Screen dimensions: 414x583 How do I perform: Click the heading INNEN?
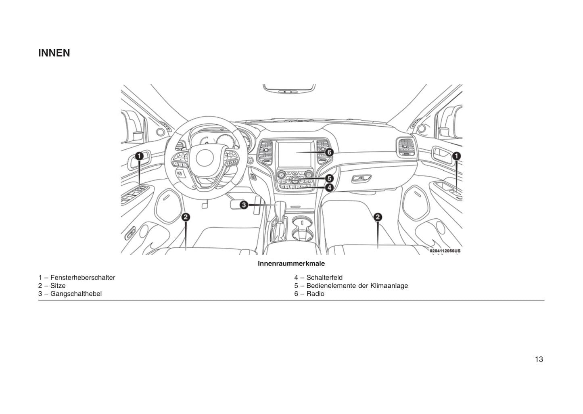pos(54,53)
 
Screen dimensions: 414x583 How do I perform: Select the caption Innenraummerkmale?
pos(291,263)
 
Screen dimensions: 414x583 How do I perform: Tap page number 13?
pos(539,359)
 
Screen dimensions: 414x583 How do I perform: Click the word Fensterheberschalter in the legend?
pos(83,278)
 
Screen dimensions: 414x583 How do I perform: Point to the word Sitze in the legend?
pos(58,286)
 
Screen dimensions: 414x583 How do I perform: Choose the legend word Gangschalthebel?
pos(76,294)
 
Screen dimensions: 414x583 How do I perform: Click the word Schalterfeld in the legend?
pos(324,278)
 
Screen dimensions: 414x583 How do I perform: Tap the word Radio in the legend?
pos(315,294)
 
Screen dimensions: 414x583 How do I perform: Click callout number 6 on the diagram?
pos(329,152)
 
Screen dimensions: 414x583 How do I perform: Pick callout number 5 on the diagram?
pos(329,178)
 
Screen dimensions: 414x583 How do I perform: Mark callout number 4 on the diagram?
pos(329,187)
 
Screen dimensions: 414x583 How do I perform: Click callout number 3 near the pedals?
pos(244,205)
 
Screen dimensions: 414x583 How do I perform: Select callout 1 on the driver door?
pos(139,156)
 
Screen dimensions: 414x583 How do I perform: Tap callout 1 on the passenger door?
pos(456,156)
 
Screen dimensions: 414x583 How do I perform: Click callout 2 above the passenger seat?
pos(378,217)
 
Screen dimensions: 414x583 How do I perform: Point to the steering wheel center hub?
pos(205,158)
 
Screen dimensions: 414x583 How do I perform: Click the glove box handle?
pos(361,178)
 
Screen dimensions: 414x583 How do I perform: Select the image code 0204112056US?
pos(445,251)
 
